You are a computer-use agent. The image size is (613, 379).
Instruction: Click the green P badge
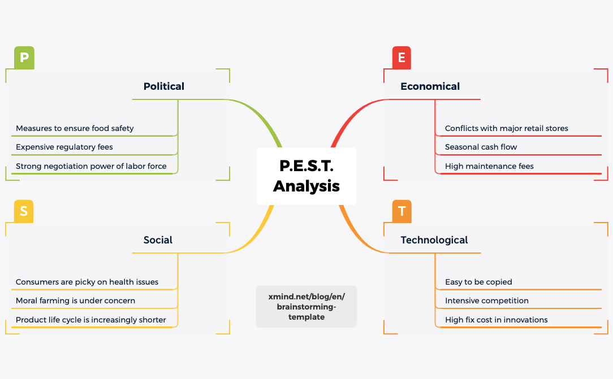pyautogui.click(x=24, y=58)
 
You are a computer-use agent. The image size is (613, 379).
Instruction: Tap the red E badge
pyautogui.click(x=402, y=58)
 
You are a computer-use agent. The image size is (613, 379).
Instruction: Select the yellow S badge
pyautogui.click(x=24, y=211)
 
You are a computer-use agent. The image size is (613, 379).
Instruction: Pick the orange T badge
pyautogui.click(x=402, y=211)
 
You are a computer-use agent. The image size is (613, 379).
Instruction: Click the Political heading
pyautogui.click(x=164, y=86)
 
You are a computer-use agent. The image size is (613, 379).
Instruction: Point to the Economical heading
pyautogui.click(x=430, y=86)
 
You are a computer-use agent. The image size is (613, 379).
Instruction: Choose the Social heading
pyautogui.click(x=158, y=240)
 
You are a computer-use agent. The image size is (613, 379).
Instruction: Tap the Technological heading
pyautogui.click(x=434, y=240)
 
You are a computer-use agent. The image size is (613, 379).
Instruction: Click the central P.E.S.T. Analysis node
pyautogui.click(x=306, y=176)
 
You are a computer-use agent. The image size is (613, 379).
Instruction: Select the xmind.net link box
pyautogui.click(x=306, y=307)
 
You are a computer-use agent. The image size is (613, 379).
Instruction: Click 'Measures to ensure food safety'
pyautogui.click(x=75, y=128)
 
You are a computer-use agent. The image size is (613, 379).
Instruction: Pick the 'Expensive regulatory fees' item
pyautogui.click(x=64, y=147)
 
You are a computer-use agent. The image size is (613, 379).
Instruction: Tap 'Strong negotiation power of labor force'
pyautogui.click(x=91, y=166)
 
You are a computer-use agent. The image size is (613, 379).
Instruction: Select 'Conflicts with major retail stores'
pyautogui.click(x=506, y=128)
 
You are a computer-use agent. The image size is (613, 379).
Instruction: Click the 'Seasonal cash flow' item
pyautogui.click(x=481, y=147)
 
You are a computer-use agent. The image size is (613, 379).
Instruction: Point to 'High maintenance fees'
pyautogui.click(x=489, y=166)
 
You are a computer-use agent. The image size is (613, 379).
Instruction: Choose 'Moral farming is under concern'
pyautogui.click(x=75, y=300)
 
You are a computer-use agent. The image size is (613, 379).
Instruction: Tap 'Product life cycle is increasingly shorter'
pyautogui.click(x=90, y=320)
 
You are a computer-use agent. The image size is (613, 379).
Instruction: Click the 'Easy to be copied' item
pyautogui.click(x=478, y=282)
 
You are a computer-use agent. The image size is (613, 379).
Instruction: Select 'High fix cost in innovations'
pyautogui.click(x=496, y=320)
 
